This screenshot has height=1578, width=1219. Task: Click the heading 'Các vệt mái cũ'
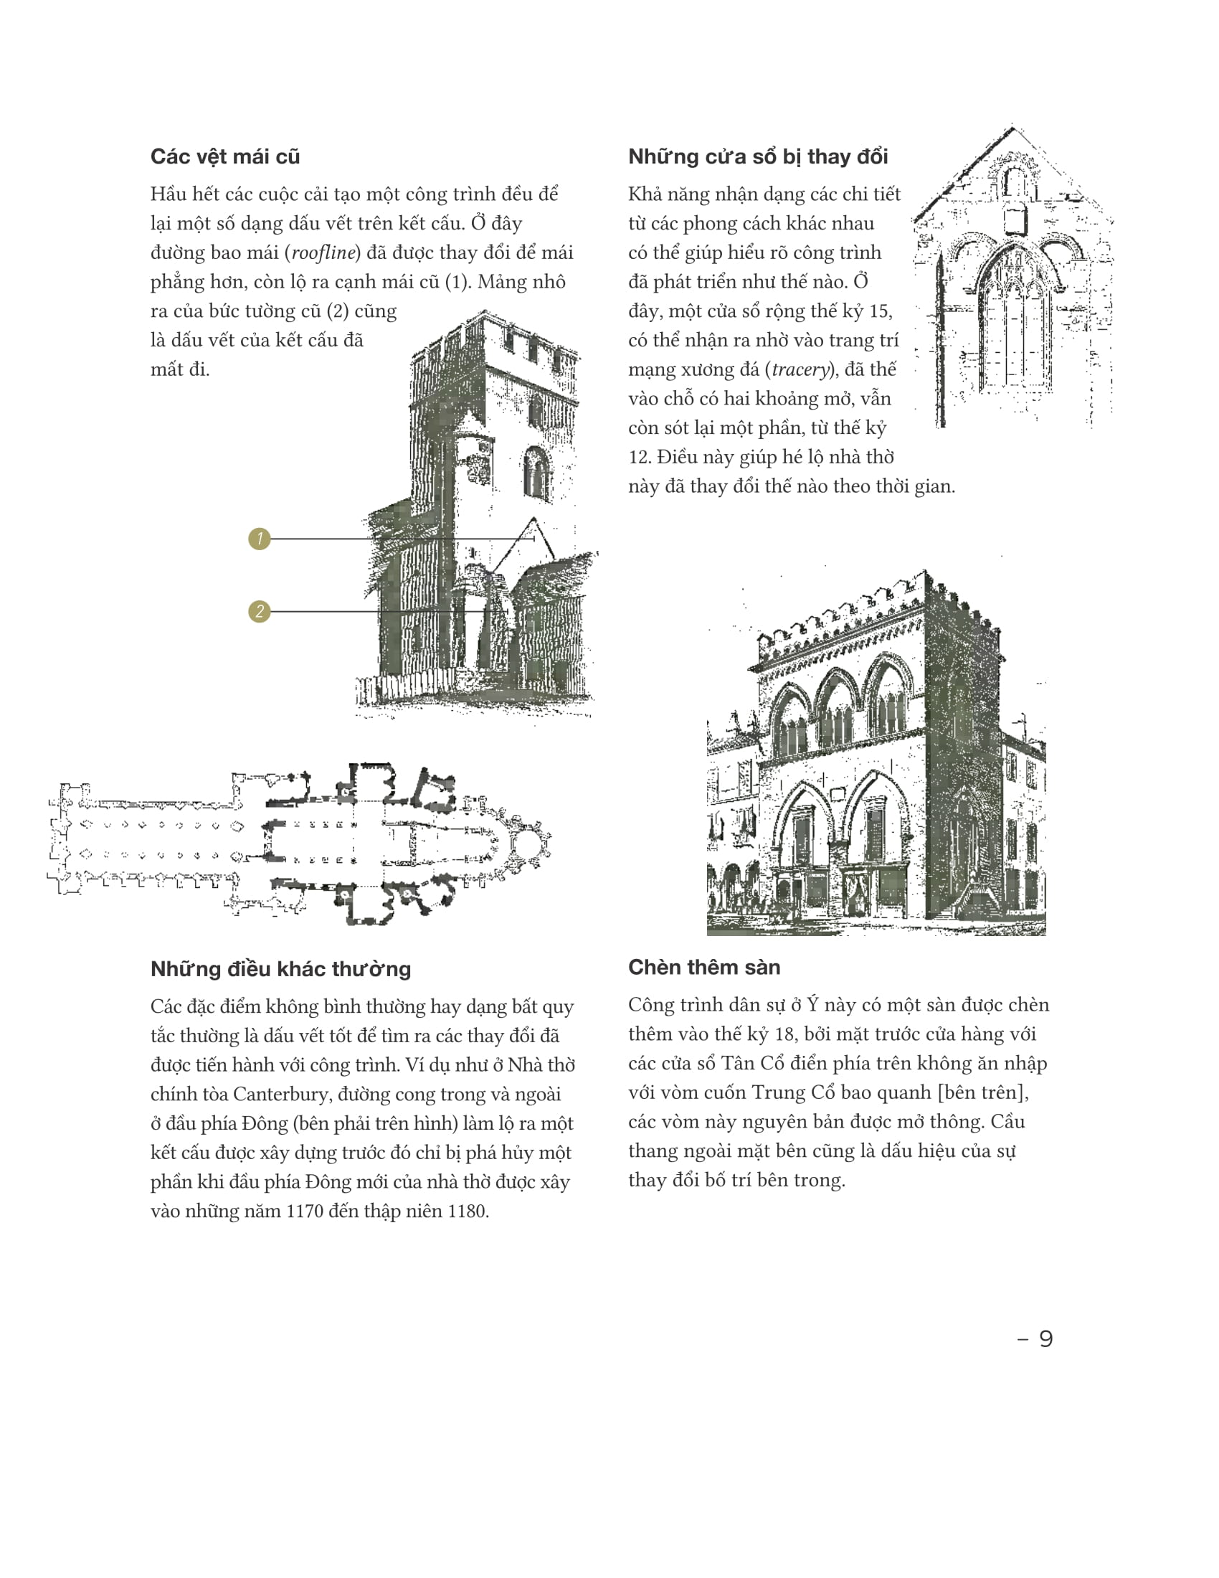(x=224, y=157)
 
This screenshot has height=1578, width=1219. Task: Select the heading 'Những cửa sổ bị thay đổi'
(x=757, y=157)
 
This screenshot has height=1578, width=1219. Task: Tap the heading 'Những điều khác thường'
(x=280, y=969)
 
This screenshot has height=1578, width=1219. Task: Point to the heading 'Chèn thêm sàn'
(x=704, y=967)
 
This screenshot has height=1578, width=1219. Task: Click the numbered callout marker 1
(x=260, y=538)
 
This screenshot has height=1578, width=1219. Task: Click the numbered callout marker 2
(x=260, y=611)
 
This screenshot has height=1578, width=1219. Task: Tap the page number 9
(x=1045, y=1339)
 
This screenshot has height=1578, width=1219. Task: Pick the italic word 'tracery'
(x=800, y=370)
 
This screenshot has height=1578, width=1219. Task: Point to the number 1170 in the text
(x=305, y=1211)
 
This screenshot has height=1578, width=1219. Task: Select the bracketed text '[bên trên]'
(x=983, y=1092)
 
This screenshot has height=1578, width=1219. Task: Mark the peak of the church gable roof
(x=1012, y=127)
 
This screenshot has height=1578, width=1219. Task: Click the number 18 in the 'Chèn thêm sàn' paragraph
(x=784, y=1034)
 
